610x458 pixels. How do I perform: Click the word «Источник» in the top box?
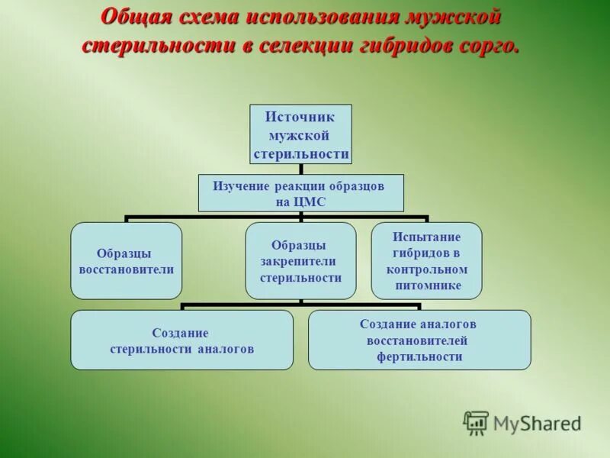click(301, 117)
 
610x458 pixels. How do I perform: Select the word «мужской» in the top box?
click(301, 135)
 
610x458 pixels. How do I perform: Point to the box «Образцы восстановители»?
click(127, 260)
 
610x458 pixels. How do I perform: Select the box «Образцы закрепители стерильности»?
click(300, 260)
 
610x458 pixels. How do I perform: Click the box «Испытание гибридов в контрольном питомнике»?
click(426, 260)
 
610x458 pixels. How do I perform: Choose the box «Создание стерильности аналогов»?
click(181, 340)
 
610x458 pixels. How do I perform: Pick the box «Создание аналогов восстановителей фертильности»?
click(419, 340)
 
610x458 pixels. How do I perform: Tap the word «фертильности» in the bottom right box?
click(419, 356)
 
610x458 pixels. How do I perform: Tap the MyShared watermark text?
click(537, 423)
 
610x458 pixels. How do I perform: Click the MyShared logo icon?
click(477, 422)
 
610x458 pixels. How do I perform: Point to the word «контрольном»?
click(427, 269)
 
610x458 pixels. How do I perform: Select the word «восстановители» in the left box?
click(127, 269)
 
